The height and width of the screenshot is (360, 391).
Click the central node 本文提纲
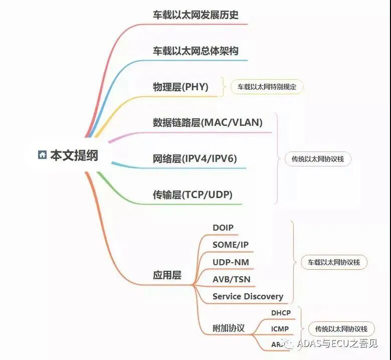pyautogui.click(x=74, y=155)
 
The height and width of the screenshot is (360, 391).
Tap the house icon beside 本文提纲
pyautogui.click(x=42, y=155)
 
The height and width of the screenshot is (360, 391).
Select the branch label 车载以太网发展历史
pyautogui.click(x=195, y=15)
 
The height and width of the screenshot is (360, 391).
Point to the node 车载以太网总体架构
pyautogui.click(x=195, y=51)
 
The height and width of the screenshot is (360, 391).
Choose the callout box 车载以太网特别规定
pyautogui.click(x=267, y=87)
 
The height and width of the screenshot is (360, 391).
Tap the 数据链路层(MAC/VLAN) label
pyautogui.click(x=208, y=122)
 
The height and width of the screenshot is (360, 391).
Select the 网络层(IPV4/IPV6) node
pyautogui.click(x=194, y=159)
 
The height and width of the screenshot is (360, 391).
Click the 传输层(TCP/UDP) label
pyautogui.click(x=192, y=195)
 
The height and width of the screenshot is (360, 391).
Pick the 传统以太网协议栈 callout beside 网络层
pyautogui.click(x=314, y=159)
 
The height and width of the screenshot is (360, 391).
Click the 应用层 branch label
pyautogui.click(x=167, y=275)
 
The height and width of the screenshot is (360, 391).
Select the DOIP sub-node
pyautogui.click(x=223, y=228)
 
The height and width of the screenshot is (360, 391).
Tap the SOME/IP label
pyautogui.click(x=231, y=245)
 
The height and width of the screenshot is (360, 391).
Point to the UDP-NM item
pyautogui.click(x=231, y=262)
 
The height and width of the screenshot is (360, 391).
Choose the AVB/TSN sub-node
pyautogui.click(x=232, y=279)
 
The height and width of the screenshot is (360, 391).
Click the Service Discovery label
pyautogui.click(x=248, y=296)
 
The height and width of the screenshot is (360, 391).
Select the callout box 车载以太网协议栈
pyautogui.click(x=334, y=262)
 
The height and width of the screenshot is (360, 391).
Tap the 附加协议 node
pyautogui.click(x=229, y=328)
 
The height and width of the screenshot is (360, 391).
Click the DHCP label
pyautogui.click(x=281, y=313)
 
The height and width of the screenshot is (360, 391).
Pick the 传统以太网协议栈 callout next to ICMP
pyautogui.click(x=341, y=329)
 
